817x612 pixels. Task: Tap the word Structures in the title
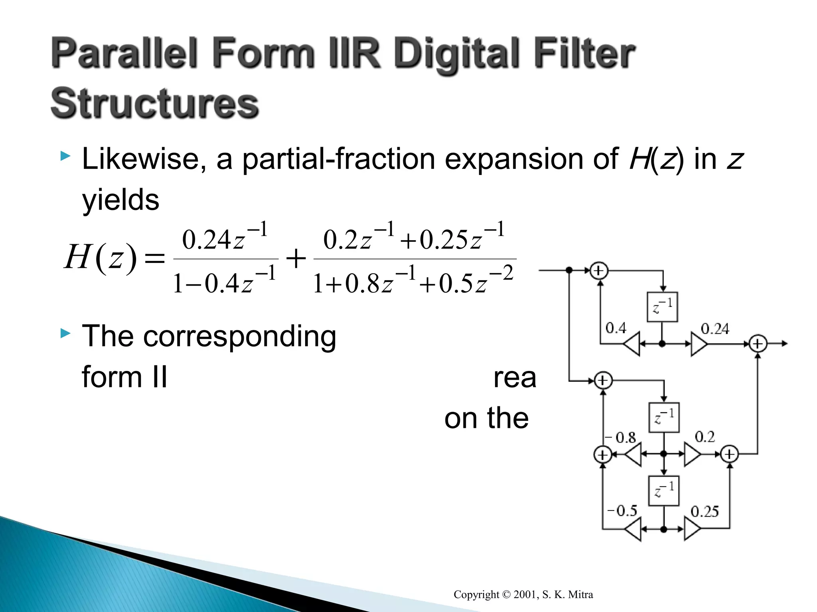point(155,104)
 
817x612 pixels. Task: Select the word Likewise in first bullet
point(144,159)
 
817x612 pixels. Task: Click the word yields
point(120,200)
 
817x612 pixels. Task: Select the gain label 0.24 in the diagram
point(714,329)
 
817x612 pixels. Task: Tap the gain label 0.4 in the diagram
point(616,328)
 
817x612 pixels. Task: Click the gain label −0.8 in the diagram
point(621,437)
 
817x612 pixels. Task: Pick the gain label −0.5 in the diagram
point(622,511)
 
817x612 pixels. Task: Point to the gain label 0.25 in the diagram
point(705,512)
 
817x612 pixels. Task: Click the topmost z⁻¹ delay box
point(662,307)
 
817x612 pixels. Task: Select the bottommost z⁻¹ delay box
point(664,490)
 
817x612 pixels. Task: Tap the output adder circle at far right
point(758,343)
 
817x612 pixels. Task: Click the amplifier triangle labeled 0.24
point(699,344)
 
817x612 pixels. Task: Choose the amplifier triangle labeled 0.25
point(692,529)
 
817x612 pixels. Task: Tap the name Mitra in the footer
point(580,594)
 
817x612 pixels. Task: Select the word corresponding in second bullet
point(239,337)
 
